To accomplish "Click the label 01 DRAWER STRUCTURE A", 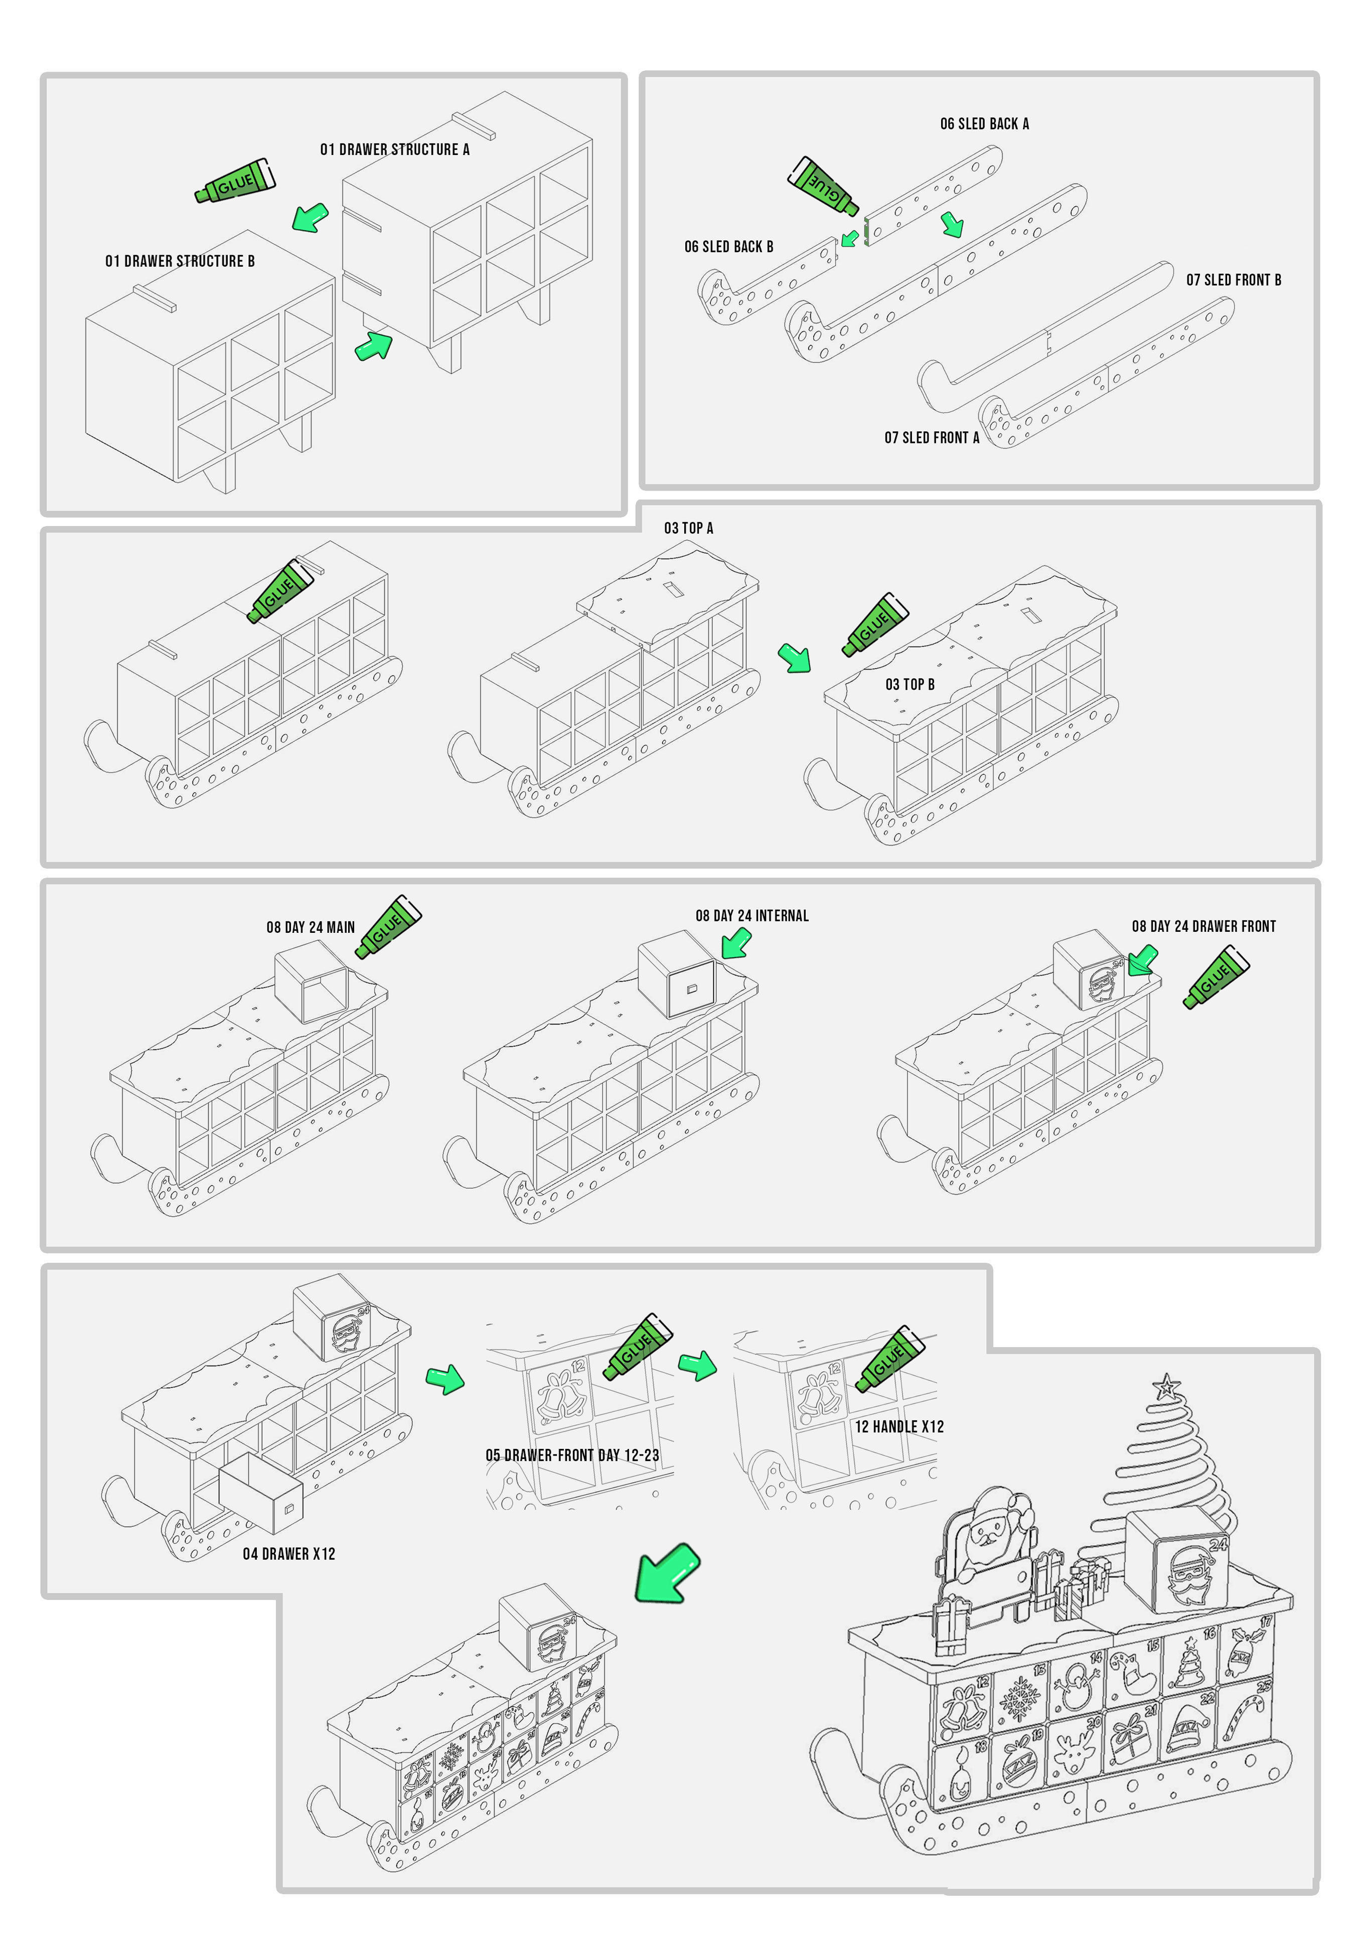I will click(x=394, y=150).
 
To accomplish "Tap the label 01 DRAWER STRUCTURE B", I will click(x=180, y=261).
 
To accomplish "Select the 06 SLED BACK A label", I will click(x=984, y=124).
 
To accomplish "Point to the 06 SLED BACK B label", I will click(x=728, y=247).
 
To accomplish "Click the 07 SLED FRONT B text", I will click(x=1233, y=280).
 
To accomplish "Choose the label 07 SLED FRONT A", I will click(x=931, y=438).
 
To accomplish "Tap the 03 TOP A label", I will click(x=688, y=529).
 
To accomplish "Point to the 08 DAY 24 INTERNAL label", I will click(x=751, y=916).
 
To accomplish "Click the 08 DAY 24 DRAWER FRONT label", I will click(x=1203, y=926).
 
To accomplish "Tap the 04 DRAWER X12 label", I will click(x=289, y=1554).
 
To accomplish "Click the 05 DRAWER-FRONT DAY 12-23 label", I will click(x=571, y=1455).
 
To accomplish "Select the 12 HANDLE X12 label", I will click(x=899, y=1427).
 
